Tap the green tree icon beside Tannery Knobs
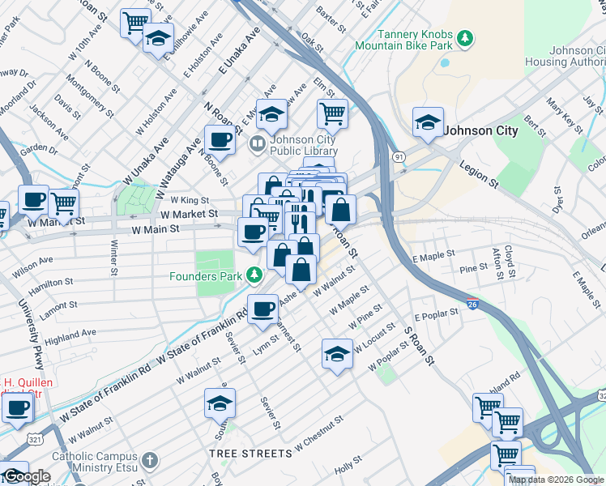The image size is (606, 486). click(465, 38)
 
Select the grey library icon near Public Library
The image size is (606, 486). click(258, 145)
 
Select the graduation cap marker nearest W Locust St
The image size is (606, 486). click(337, 354)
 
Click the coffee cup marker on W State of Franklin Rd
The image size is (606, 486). click(262, 309)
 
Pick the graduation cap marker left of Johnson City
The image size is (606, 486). click(427, 122)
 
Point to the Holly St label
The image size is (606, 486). click(348, 464)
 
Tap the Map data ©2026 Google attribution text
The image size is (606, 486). click(556, 480)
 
